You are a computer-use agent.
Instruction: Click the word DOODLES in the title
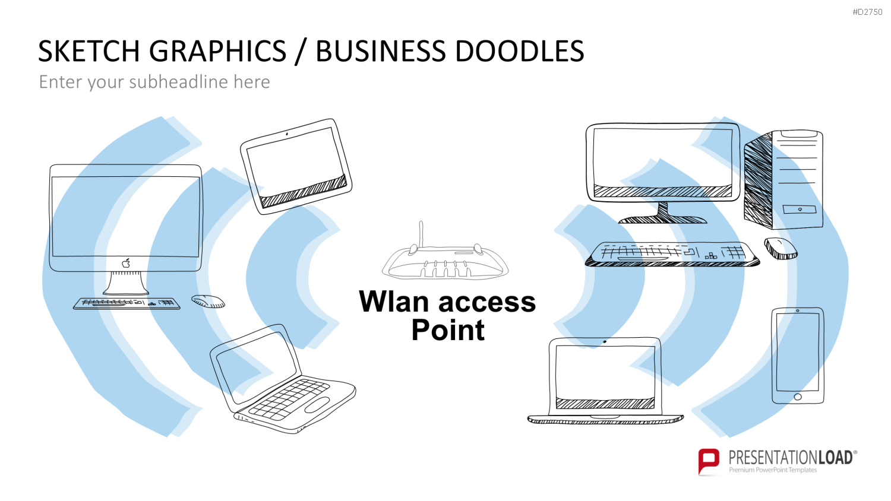[x=519, y=51]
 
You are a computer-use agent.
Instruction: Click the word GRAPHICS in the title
[x=217, y=51]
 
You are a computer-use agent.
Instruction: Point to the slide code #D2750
[x=867, y=12]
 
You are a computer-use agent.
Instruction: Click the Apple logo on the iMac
[x=126, y=263]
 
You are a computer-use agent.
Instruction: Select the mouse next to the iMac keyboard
[x=208, y=302]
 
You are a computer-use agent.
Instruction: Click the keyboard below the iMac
[x=127, y=303]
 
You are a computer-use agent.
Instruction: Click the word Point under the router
[x=448, y=330]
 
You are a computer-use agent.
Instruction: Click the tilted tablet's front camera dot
[x=287, y=134]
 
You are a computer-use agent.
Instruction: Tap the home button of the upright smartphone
[x=798, y=397]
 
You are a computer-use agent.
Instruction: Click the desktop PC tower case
[x=783, y=179]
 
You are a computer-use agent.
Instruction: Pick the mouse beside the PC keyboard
[x=781, y=249]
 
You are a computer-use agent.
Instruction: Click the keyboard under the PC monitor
[x=672, y=254]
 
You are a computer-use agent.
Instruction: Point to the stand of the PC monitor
[x=663, y=214]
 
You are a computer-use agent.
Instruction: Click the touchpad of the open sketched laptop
[x=317, y=404]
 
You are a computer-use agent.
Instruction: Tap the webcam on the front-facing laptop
[x=605, y=341]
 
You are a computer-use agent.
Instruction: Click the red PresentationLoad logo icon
[x=709, y=461]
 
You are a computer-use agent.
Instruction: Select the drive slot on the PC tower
[x=799, y=209]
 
